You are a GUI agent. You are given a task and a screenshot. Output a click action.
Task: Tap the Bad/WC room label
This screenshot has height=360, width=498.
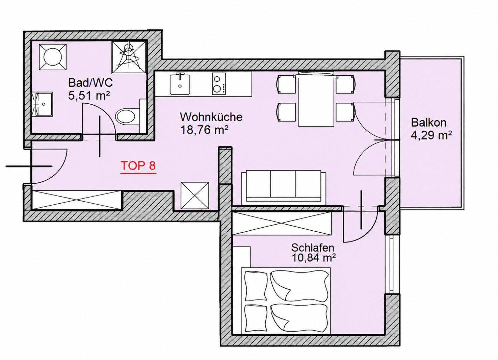point(91,83)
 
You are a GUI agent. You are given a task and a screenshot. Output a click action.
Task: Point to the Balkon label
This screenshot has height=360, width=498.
point(429,123)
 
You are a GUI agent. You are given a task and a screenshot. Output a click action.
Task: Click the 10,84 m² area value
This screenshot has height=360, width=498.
point(314,258)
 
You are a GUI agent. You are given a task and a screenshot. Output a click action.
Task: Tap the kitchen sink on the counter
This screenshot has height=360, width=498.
point(180,84)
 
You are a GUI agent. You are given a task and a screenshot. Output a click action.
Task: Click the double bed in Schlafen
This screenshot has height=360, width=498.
point(286,304)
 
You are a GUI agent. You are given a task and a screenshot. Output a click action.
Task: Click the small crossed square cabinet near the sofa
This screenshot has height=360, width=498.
point(195,196)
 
